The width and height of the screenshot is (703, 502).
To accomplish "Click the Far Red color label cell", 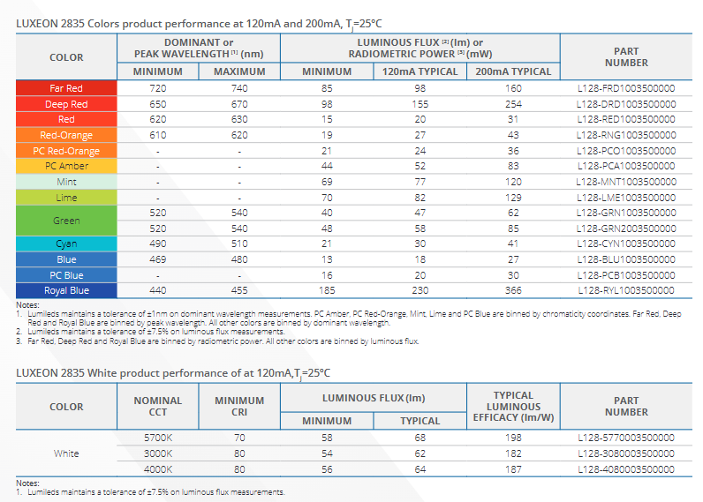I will coord(66,88).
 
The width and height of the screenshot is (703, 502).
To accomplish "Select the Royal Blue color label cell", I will coord(66,290).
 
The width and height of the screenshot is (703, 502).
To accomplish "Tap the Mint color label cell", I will coord(66,182).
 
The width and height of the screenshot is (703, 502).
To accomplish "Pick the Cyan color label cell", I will coord(66,244).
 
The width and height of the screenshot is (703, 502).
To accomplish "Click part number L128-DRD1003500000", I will coord(626,104).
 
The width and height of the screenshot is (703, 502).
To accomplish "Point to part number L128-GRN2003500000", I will coord(626,229).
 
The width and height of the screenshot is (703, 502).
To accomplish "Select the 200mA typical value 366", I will coord(513,290).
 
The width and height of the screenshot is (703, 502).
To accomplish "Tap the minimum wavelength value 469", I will coord(158,259).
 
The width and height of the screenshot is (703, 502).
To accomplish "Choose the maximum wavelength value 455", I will coord(239,290).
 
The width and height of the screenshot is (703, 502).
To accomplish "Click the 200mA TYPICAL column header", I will coord(513,71).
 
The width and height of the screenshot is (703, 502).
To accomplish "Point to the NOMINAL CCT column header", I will coord(158,407).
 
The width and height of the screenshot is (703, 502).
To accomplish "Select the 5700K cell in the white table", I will coord(158,438).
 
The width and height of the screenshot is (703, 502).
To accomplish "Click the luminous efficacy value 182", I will coord(513,453).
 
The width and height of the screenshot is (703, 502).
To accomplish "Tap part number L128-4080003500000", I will coord(626,469).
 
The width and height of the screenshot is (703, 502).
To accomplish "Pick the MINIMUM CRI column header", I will coord(239,407).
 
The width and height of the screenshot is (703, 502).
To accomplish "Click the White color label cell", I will coord(66,453).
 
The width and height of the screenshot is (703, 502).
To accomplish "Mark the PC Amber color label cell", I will coord(66,166).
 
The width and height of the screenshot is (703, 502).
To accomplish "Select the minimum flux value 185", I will coord(327,290).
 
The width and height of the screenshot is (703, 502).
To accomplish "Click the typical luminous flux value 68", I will coord(420,438).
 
